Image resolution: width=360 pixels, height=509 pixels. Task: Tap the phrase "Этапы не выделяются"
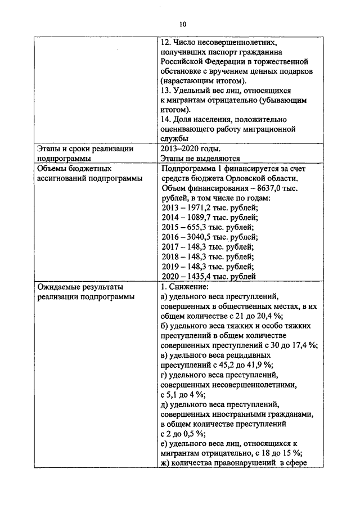(200, 159)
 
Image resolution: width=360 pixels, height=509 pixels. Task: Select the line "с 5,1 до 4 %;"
(183, 395)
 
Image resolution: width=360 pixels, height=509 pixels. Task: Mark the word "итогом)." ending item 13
(175, 109)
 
